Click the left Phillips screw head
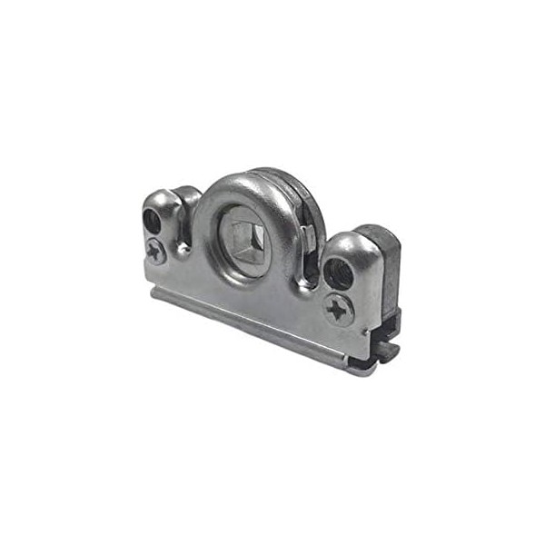click(156, 251)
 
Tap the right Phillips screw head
click(339, 310)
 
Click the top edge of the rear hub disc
click(272, 173)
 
